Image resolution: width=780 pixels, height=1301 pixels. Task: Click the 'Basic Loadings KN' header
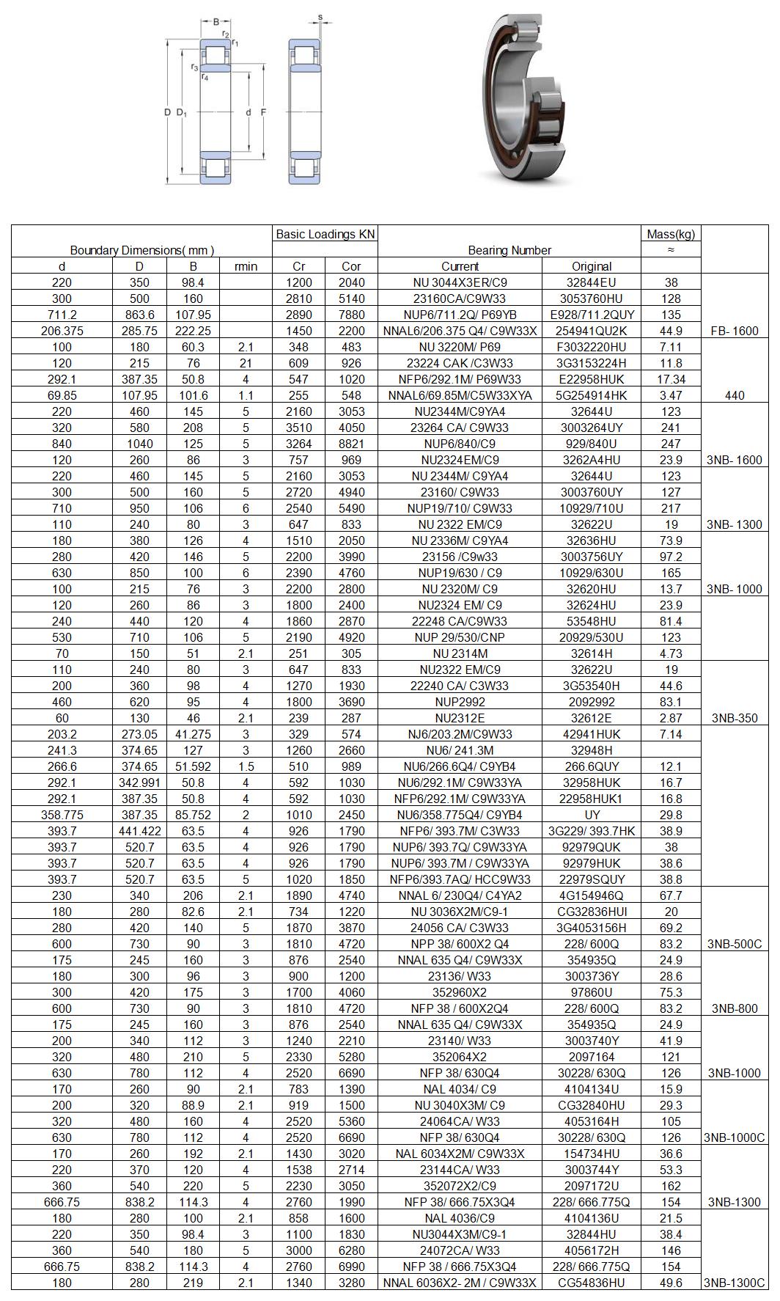tap(325, 234)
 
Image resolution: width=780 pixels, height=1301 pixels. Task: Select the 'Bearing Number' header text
tap(509, 250)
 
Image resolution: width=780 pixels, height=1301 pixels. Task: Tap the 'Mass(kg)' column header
tap(671, 234)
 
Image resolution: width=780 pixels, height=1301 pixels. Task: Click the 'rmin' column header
tap(246, 266)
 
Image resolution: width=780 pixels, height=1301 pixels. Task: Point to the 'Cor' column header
tap(351, 266)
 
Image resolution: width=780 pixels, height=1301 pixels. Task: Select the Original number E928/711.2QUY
tap(592, 315)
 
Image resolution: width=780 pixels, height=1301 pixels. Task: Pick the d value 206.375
tap(62, 331)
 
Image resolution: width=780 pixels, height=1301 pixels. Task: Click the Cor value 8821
tap(351, 444)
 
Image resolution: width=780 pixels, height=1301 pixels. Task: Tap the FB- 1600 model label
tap(735, 331)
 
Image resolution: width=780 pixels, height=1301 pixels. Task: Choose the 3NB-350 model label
tap(735, 718)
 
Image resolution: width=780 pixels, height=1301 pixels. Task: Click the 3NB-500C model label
tap(735, 944)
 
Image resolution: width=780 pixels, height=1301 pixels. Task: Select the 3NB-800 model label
tap(735, 1008)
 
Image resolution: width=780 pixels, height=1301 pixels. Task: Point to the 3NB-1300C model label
tap(735, 1283)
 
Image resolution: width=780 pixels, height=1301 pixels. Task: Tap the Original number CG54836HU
tap(592, 1283)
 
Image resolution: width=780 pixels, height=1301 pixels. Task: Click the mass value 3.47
tap(671, 395)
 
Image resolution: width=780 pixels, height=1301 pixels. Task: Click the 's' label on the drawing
tap(320, 17)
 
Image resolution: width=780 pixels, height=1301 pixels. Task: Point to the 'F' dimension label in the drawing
tap(263, 112)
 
